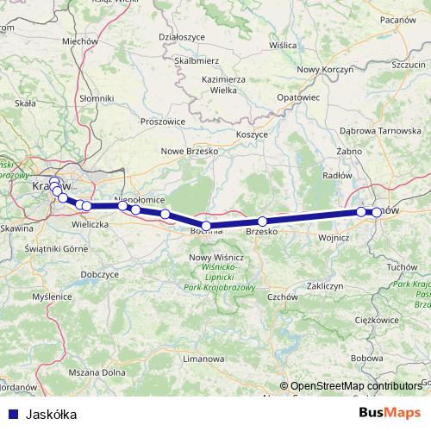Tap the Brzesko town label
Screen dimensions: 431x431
(262, 232)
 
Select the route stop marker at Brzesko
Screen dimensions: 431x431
(262, 222)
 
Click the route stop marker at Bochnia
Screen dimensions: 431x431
(206, 226)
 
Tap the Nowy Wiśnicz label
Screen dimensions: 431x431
(216, 257)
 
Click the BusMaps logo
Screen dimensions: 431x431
(391, 414)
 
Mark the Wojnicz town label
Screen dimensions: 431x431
(333, 235)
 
